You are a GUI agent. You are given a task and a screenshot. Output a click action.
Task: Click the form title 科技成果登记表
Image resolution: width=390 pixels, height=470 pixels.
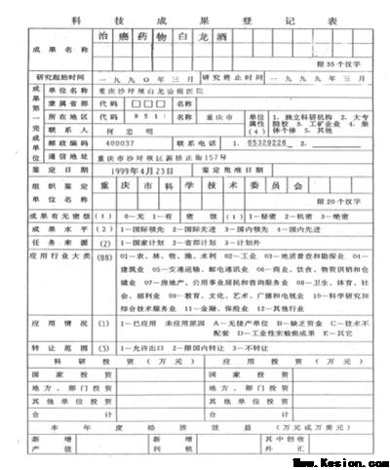195,18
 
